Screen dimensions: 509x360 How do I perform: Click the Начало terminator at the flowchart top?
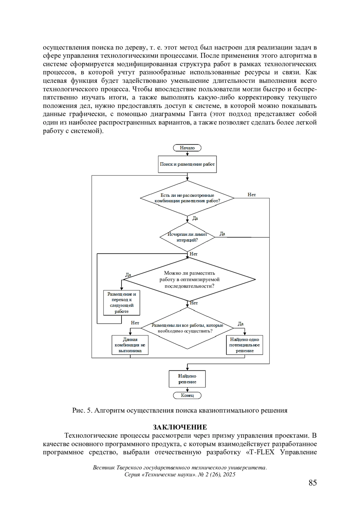[x=187, y=148]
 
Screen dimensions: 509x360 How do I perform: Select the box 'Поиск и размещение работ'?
[x=187, y=164]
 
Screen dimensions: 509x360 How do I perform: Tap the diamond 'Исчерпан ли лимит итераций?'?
[x=187, y=237]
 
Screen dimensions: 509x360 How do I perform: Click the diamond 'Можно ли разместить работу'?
[x=189, y=280]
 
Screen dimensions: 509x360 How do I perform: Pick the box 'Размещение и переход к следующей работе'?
[x=121, y=303]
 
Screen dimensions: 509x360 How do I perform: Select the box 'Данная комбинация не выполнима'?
[x=130, y=345]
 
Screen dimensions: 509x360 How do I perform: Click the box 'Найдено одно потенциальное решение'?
[x=244, y=345]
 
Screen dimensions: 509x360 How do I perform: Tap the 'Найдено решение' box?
[x=187, y=379]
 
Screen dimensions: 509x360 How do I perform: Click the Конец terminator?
[x=187, y=395]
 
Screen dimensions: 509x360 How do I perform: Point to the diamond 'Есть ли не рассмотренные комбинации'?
[x=187, y=198]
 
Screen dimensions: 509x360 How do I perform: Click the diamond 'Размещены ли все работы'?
[x=187, y=328]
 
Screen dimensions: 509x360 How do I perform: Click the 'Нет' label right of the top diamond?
[x=252, y=195]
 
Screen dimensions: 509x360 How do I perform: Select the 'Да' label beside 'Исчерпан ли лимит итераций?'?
[x=222, y=234]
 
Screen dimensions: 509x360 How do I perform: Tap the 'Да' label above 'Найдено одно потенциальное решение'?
[x=241, y=324]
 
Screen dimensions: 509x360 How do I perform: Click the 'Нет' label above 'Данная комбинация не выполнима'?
[x=135, y=323]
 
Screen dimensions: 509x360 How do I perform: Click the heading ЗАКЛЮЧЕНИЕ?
[x=180, y=427]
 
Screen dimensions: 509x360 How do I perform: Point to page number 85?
[x=313, y=483]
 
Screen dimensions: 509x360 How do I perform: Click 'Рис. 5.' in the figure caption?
[x=82, y=410]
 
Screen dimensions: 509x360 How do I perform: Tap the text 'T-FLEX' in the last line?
[x=262, y=452]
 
